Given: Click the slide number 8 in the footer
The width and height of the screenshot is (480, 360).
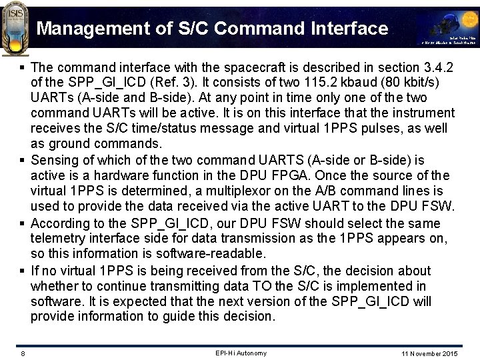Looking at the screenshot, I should tap(22, 353).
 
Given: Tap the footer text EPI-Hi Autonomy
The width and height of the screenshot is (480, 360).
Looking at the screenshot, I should tap(241, 353).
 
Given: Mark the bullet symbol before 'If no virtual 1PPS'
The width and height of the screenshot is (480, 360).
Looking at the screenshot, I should tap(23, 271).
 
